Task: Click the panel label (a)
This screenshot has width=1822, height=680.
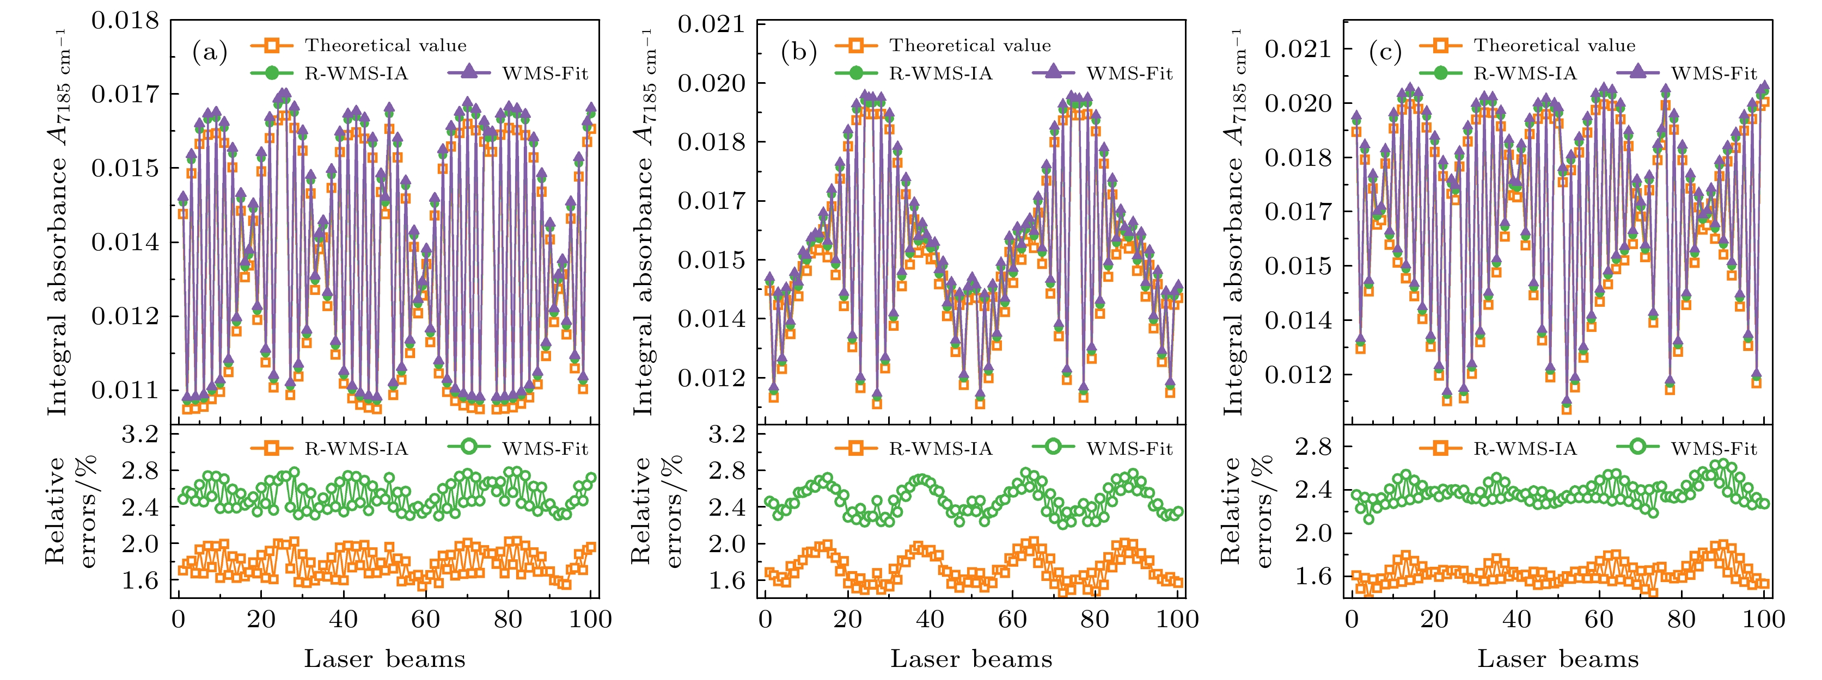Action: coord(209,53)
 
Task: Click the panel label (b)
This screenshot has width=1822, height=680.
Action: coord(798,53)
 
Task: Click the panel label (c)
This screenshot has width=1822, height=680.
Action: coord(1385,53)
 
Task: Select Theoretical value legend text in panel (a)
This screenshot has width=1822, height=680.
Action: coord(386,46)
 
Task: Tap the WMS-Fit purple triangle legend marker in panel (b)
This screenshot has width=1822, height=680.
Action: coord(1053,73)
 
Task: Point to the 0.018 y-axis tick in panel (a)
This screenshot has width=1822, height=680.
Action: coord(125,21)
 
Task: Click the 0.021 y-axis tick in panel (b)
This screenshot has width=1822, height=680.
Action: coord(712,24)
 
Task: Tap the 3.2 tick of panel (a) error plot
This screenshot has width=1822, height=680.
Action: coord(140,434)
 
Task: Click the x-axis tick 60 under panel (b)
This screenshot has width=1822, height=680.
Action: coord(1012,620)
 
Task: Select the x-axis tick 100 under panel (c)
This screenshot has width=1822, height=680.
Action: coord(1763,620)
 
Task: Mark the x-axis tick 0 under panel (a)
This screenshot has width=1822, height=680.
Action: coord(178,620)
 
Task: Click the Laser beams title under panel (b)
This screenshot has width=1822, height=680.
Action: coord(970,659)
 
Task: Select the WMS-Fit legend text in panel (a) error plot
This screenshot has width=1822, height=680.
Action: coord(545,449)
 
